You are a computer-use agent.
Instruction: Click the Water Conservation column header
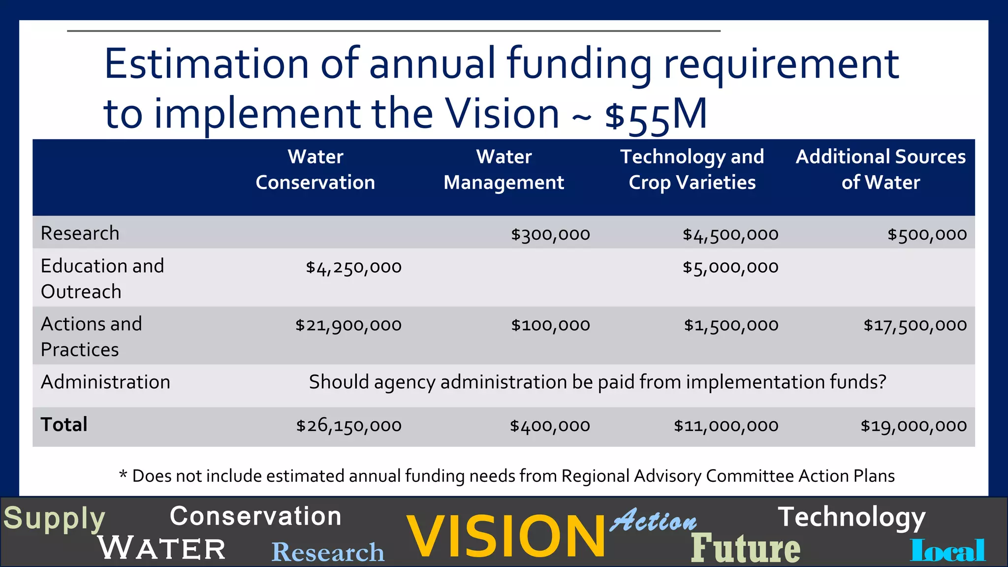(x=315, y=170)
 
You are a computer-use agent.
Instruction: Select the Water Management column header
(x=504, y=170)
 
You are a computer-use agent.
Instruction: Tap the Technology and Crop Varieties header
(x=692, y=170)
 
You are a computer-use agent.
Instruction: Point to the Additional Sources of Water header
(x=881, y=170)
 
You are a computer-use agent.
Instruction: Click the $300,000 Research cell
(x=550, y=234)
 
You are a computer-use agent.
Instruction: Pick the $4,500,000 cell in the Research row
(x=730, y=234)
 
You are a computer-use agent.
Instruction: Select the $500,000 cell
(x=927, y=234)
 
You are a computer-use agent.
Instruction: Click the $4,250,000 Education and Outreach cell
(x=353, y=267)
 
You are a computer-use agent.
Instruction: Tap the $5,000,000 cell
(x=730, y=267)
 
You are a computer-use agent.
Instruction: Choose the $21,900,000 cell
(x=348, y=325)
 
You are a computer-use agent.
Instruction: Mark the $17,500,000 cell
(x=915, y=325)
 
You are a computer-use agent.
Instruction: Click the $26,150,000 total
(x=348, y=426)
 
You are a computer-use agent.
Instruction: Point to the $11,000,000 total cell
(x=726, y=426)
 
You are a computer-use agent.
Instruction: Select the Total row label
(x=64, y=425)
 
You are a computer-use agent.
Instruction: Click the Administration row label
(x=105, y=382)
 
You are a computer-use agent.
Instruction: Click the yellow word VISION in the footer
(x=505, y=536)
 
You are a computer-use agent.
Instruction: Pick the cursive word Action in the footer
(x=653, y=521)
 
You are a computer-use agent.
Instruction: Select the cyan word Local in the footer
(x=947, y=550)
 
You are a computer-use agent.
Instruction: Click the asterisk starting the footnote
(x=123, y=474)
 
